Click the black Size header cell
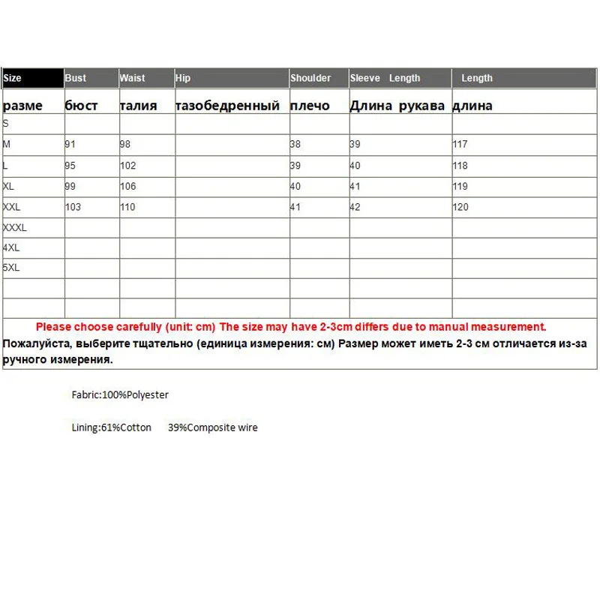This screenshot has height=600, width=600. click(33, 78)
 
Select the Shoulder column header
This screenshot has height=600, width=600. click(310, 78)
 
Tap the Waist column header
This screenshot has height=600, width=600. click(132, 78)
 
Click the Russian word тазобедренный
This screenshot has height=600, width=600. click(227, 106)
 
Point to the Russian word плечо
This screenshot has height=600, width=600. click(310, 106)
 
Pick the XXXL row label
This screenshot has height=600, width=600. click(15, 227)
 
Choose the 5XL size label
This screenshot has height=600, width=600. click(11, 267)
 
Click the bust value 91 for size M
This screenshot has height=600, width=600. click(70, 144)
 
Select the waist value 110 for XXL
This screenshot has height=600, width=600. click(127, 207)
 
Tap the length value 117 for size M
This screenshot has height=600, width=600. click(460, 144)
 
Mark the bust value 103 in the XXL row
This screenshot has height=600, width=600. click(73, 207)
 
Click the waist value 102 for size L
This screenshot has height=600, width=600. click(127, 165)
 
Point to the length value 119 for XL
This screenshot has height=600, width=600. click(460, 186)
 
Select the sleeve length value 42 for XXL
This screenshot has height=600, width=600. click(355, 207)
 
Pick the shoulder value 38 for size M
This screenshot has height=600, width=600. click(295, 144)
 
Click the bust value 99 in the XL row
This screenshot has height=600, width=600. click(70, 186)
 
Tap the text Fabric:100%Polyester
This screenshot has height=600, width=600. click(120, 394)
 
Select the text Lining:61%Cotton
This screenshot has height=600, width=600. click(112, 427)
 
